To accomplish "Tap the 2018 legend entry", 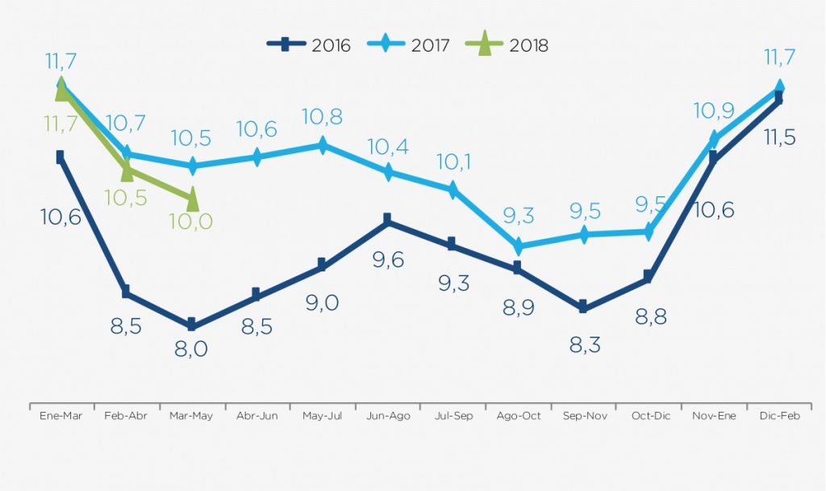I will (x=509, y=44).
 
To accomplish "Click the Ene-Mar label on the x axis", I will (x=61, y=416).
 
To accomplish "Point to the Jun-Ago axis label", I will (x=387, y=416).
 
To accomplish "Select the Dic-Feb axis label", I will (x=778, y=416).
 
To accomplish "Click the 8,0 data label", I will (x=191, y=349).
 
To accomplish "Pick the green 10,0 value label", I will (x=191, y=221).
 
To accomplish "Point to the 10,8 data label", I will (x=322, y=117).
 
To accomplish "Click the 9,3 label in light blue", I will (x=517, y=216).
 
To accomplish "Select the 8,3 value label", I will (x=582, y=345).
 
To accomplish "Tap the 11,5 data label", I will (x=778, y=137).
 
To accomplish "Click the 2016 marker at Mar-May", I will (x=191, y=325).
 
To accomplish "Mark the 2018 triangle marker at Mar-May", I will (x=192, y=195).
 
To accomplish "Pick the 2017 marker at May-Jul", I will (x=322, y=145).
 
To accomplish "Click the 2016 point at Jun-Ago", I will (x=387, y=219).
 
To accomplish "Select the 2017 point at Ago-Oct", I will (x=518, y=245).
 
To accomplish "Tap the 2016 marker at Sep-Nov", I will (x=582, y=307).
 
